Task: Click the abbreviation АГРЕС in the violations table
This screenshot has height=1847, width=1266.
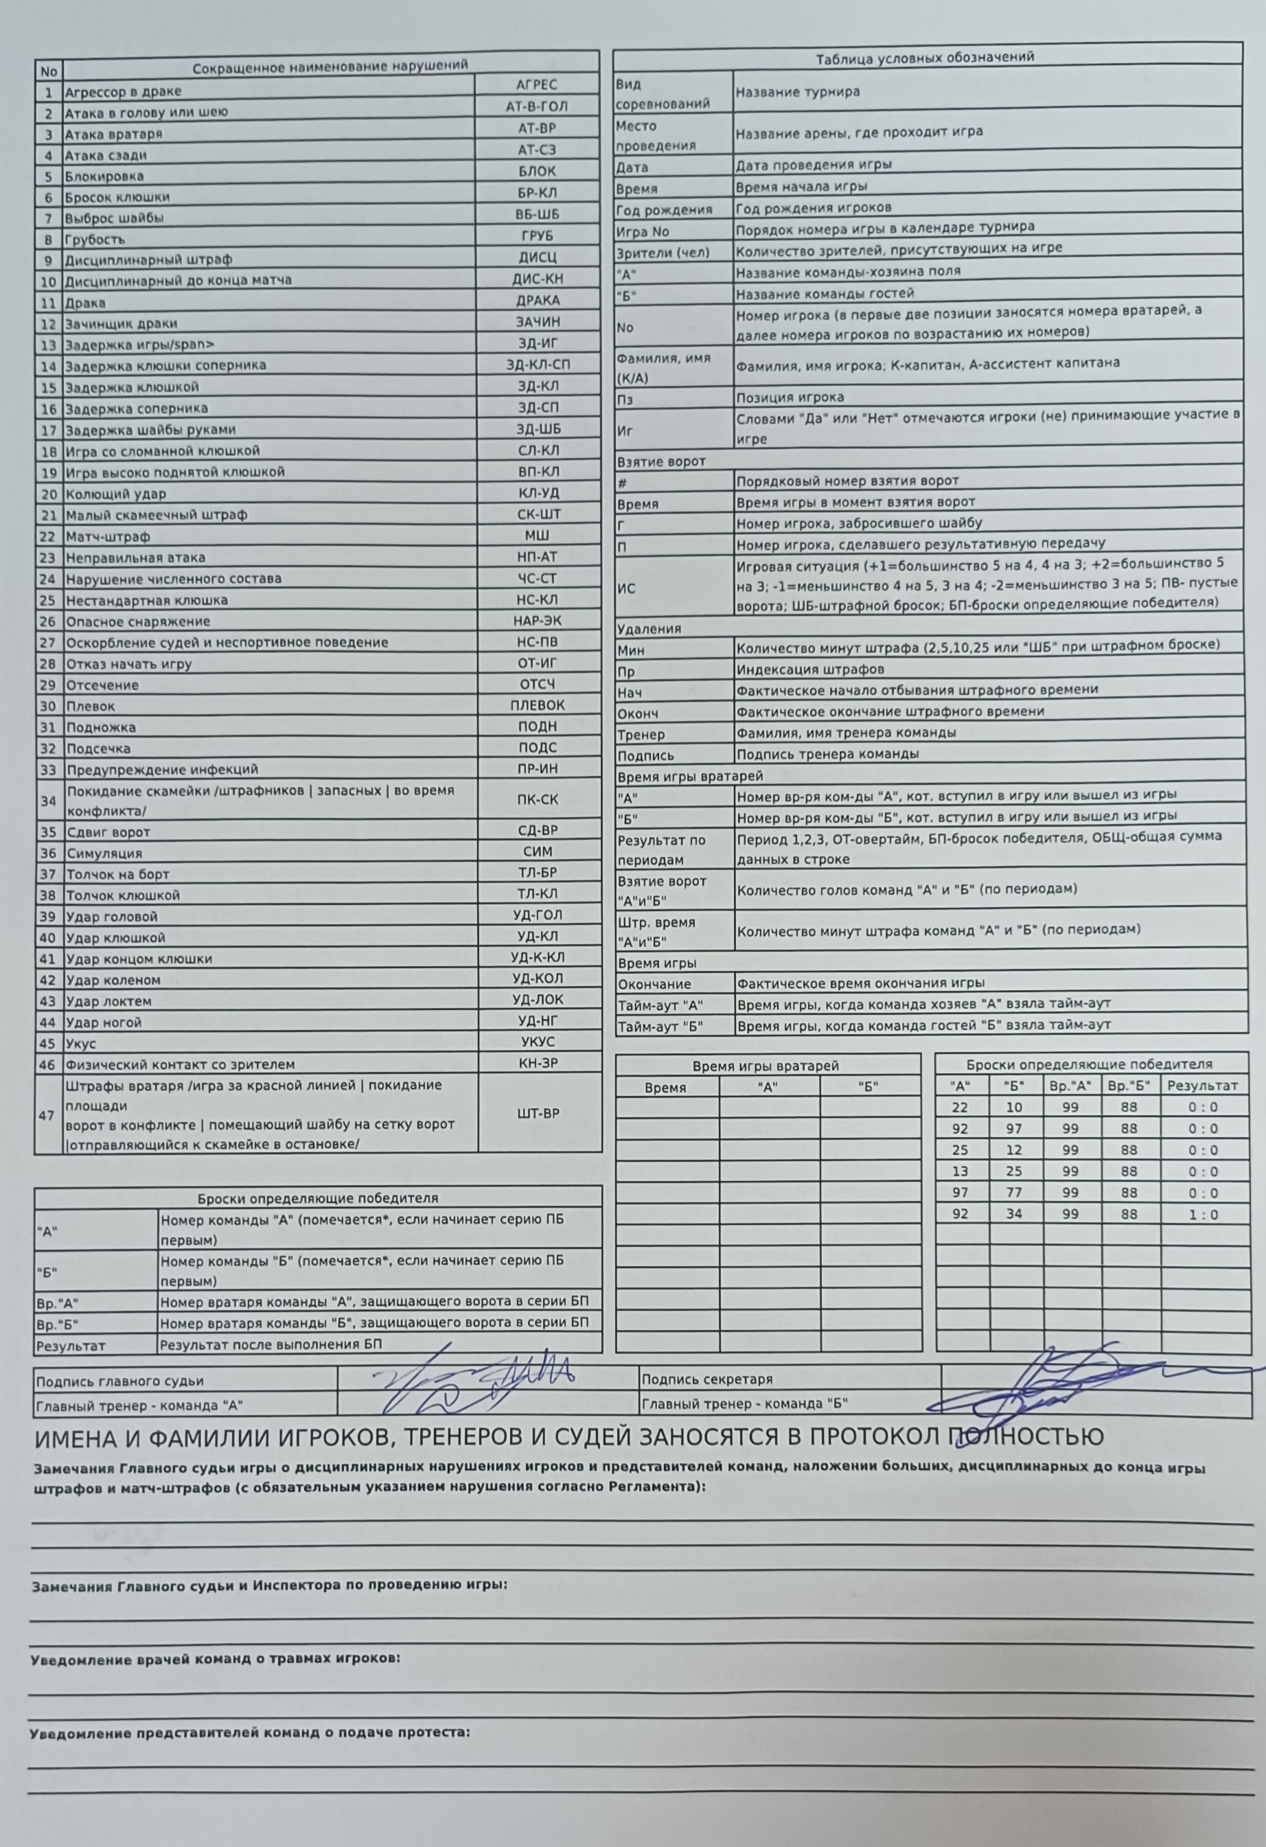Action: [536, 85]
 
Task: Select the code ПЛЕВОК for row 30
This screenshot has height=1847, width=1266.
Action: [538, 705]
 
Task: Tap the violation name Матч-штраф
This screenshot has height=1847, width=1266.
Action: [107, 536]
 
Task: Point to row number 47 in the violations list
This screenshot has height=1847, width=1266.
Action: [47, 1115]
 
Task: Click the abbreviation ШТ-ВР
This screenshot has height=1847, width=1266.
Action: [538, 1114]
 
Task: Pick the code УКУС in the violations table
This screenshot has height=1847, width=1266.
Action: [538, 1041]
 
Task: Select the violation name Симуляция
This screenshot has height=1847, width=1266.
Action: [104, 853]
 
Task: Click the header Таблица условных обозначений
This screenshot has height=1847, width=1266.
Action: [925, 57]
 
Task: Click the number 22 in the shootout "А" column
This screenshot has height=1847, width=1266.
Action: [960, 1107]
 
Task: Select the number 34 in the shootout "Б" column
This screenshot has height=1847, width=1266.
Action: [1015, 1215]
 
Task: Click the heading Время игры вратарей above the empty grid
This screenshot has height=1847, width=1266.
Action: [766, 1066]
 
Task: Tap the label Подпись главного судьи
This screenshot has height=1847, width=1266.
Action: [119, 1382]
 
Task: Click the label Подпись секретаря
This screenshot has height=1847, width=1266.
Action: [706, 1379]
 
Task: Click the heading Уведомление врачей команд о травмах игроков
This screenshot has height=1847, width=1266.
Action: [215, 1660]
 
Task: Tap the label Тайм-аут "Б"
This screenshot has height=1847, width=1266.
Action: [660, 1026]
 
